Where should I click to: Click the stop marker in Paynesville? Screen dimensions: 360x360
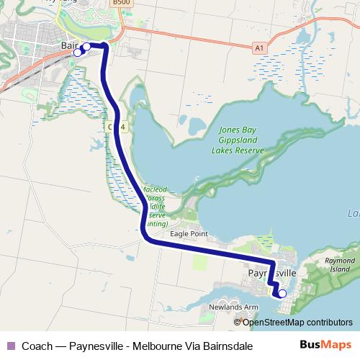tap(282, 293)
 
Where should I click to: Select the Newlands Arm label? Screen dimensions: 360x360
tap(233, 307)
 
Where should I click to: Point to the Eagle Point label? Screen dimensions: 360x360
tap(189, 234)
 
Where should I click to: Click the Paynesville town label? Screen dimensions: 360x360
tap(271, 274)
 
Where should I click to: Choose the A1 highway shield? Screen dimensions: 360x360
tap(259, 48)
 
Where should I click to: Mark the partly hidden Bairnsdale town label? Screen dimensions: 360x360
tap(69, 45)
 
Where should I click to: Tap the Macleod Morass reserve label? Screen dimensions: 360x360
tap(154, 206)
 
